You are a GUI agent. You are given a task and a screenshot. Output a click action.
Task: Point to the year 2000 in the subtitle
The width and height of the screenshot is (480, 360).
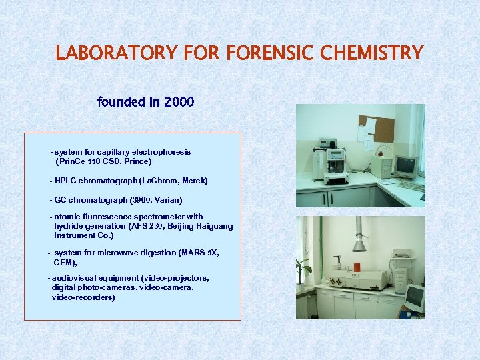point(179,102)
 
